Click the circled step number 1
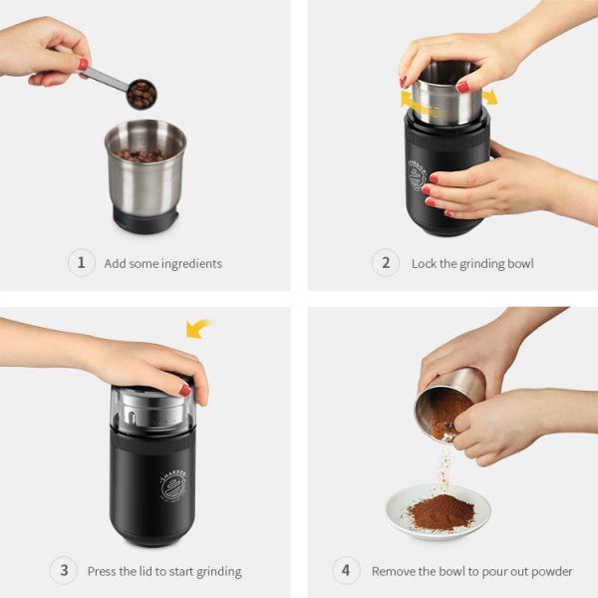click(x=81, y=263)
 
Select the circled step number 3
click(x=64, y=571)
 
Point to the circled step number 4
click(x=346, y=571)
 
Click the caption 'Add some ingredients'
click(x=163, y=264)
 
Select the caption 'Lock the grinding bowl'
click(x=472, y=264)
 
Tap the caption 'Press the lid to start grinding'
click(x=164, y=572)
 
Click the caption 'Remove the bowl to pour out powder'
click(x=472, y=572)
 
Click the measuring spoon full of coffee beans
click(x=142, y=94)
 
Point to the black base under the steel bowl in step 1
click(x=146, y=219)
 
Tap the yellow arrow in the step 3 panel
click(x=200, y=328)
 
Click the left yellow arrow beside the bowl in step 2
click(x=410, y=100)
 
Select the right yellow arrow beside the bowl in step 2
click(x=488, y=97)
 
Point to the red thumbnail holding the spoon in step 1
click(x=84, y=63)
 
